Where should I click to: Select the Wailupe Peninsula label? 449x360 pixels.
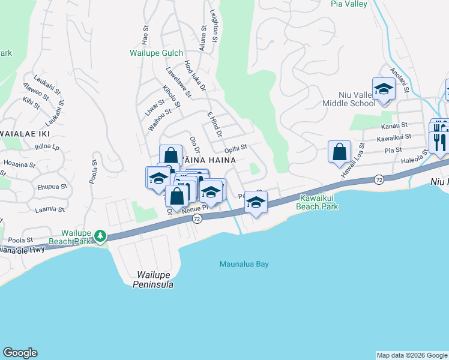pyautogui.click(x=153, y=280)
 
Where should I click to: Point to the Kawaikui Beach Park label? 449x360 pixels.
pyautogui.click(x=318, y=202)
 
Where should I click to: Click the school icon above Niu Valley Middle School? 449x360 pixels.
pyautogui.click(x=383, y=90)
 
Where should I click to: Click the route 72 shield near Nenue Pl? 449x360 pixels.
pyautogui.click(x=197, y=220)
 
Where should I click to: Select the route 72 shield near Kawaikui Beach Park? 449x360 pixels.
pyautogui.click(x=379, y=179)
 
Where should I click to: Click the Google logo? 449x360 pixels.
pyautogui.click(x=20, y=353)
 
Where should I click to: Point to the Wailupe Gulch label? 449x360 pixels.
pyautogui.click(x=156, y=53)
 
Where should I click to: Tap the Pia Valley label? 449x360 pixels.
pyautogui.click(x=348, y=4)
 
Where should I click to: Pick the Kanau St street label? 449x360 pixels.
pyautogui.click(x=394, y=126)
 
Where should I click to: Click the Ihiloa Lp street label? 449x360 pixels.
pyautogui.click(x=47, y=146)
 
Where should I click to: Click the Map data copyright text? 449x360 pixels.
pyautogui.click(x=412, y=355)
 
